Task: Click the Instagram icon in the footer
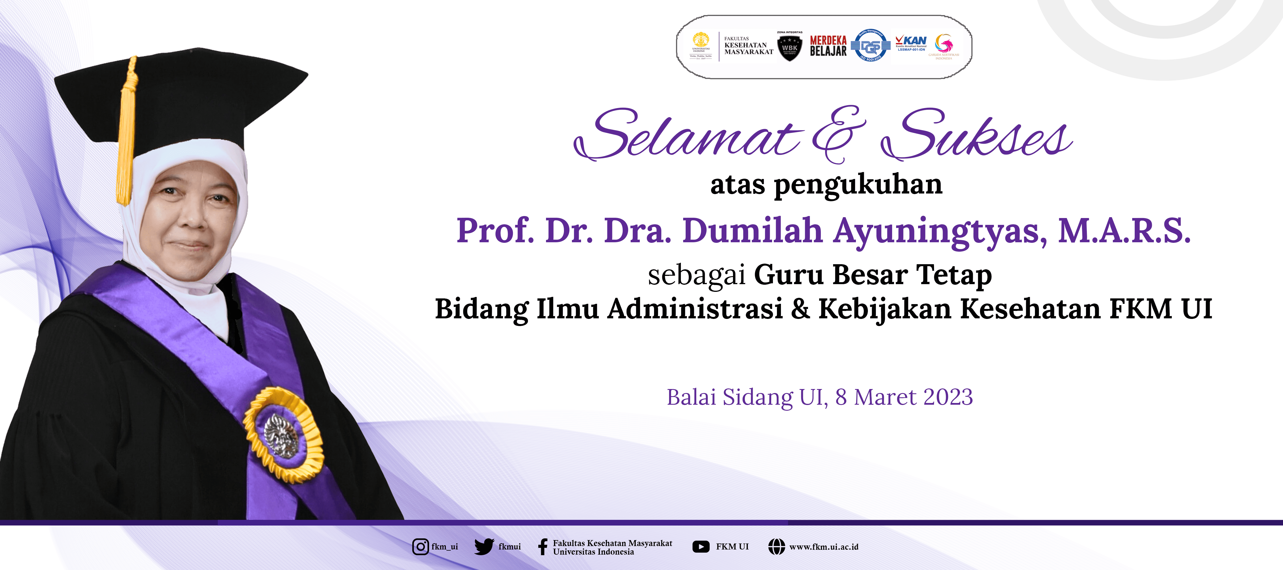point(420,547)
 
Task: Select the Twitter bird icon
point(484,547)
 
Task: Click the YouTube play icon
point(701,547)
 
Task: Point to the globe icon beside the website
point(776,547)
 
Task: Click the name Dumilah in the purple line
point(752,231)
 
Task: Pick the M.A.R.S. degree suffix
point(1124,231)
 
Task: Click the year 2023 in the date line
point(948,397)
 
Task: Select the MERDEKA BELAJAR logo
point(828,46)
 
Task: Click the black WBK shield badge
point(790,48)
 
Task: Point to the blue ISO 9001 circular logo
point(871,46)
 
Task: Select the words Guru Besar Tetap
point(873,275)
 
